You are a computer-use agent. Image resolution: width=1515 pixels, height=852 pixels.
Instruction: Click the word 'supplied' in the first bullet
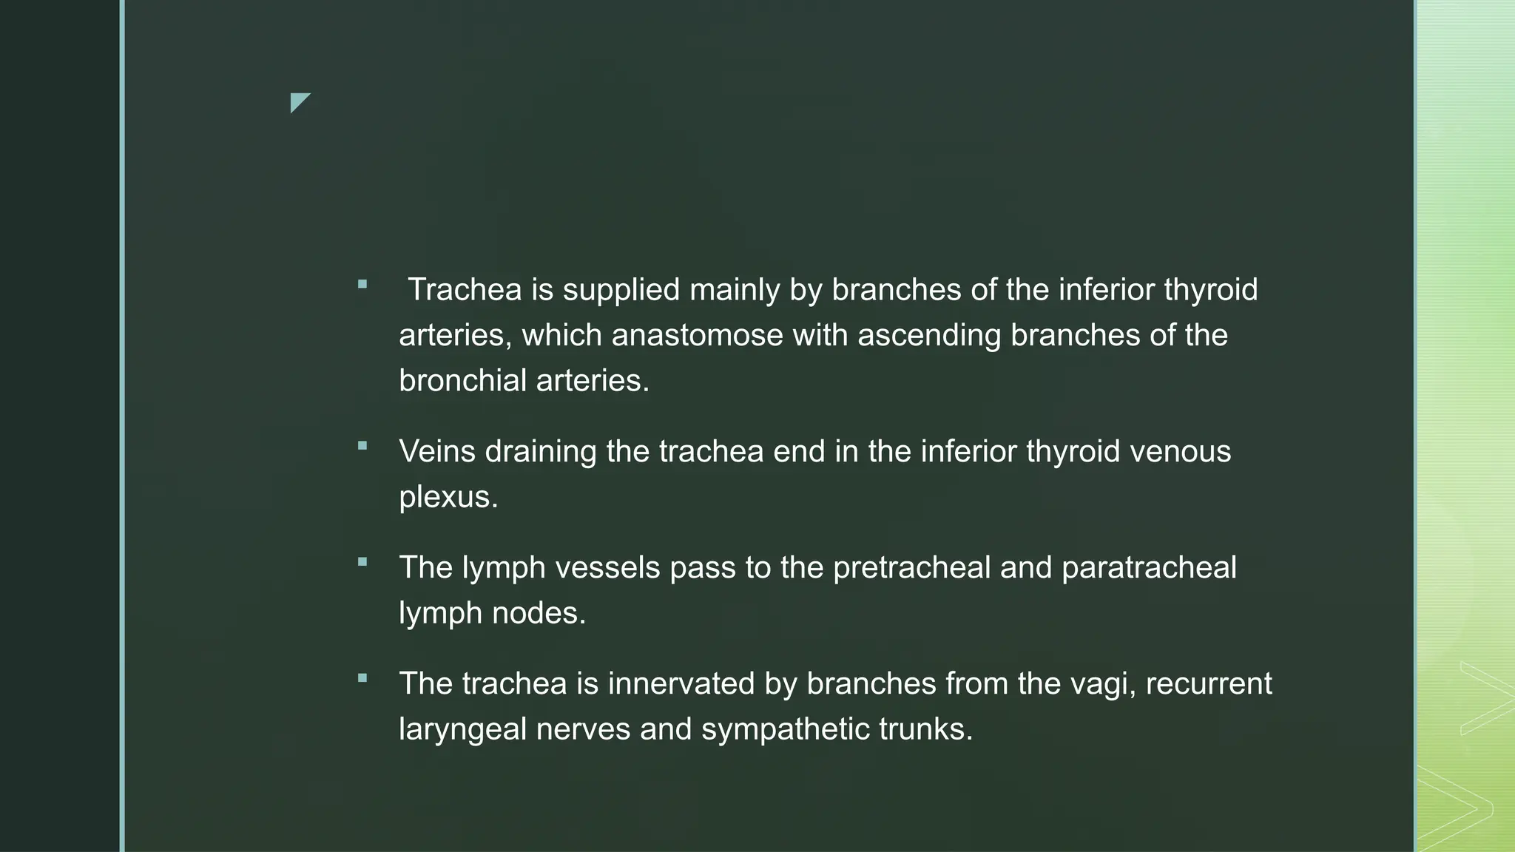(x=621, y=290)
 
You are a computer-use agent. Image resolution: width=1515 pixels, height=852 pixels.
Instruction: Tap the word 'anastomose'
(x=697, y=336)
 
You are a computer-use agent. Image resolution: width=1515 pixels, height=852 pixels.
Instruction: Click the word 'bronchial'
(x=462, y=381)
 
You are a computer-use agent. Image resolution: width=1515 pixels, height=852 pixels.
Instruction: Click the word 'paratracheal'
(x=1149, y=568)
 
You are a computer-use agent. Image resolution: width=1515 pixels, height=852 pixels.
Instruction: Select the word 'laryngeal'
(x=462, y=730)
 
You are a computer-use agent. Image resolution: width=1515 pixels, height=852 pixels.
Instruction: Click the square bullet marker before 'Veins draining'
(x=362, y=446)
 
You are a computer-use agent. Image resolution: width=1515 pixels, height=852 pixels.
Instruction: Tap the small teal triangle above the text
(x=298, y=101)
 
